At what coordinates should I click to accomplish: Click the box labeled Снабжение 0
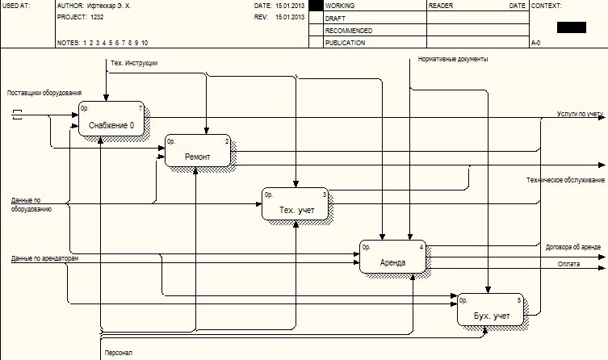111,120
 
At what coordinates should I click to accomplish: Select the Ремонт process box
198,150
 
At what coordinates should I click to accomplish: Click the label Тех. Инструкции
134,63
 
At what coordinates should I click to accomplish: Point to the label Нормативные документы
453,59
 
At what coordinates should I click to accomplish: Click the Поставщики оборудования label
44,93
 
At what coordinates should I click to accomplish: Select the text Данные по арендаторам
45,258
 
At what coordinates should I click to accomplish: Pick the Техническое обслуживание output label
565,179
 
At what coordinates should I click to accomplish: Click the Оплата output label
568,264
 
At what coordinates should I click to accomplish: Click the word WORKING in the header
339,5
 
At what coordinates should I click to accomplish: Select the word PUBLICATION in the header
345,43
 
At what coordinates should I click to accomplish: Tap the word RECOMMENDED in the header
348,30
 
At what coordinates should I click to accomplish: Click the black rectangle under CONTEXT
571,27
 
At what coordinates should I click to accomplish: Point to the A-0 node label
535,43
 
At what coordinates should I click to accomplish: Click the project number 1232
98,16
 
